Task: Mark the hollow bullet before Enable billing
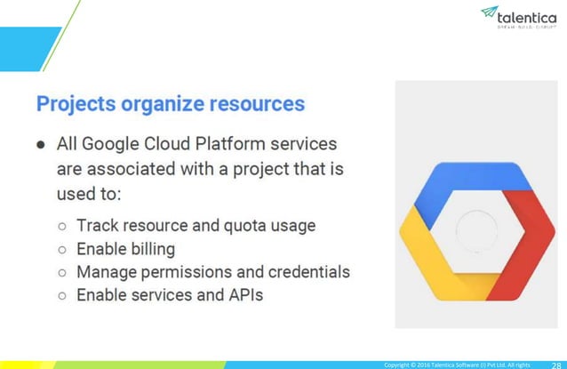[61, 249]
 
